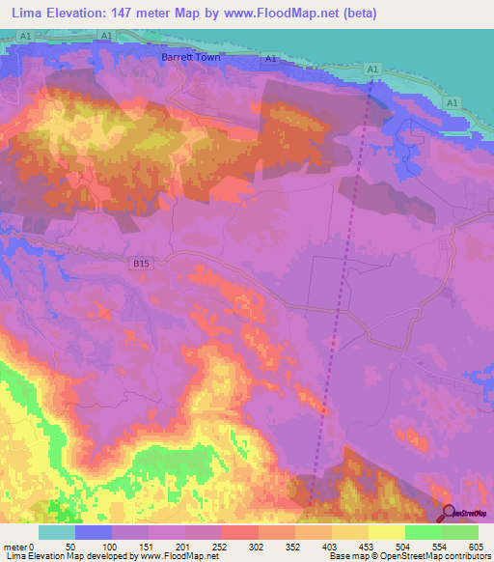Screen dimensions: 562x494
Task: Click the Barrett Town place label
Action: [x=190, y=57]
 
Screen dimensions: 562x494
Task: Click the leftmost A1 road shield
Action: [x=24, y=35]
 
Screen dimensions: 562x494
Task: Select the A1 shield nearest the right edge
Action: [x=451, y=101]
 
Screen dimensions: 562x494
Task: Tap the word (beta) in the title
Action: [x=355, y=14]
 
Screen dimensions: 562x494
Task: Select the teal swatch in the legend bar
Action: [x=57, y=532]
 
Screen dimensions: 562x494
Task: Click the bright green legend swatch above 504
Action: [x=423, y=532]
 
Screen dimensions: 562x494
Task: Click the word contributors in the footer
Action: [x=465, y=556]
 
